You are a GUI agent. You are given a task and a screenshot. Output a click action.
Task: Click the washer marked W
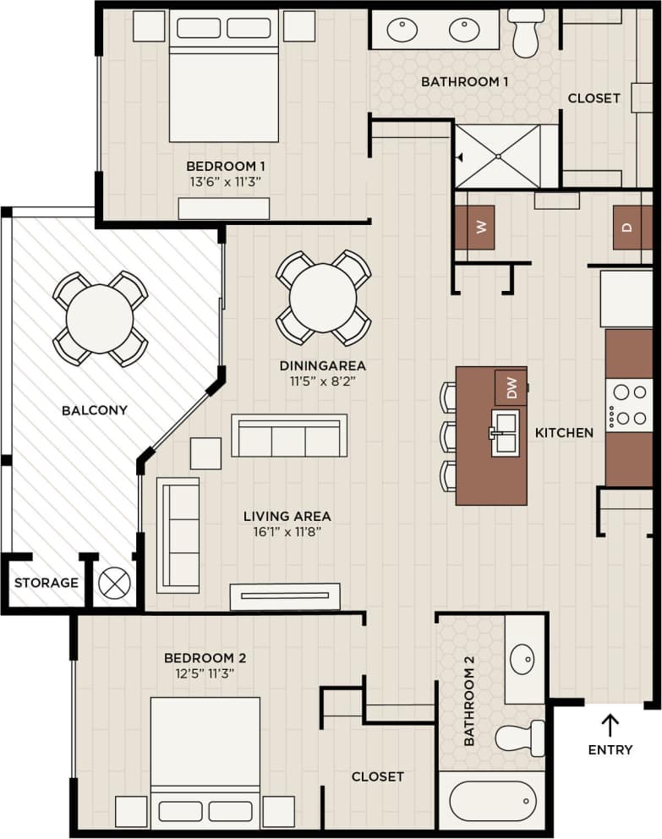(474, 228)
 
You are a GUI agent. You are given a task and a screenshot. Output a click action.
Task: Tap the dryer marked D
(632, 228)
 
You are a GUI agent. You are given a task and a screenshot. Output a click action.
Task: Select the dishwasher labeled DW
(511, 387)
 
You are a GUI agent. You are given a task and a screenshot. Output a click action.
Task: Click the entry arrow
(610, 724)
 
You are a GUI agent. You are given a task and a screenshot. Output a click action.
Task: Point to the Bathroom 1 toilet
(526, 32)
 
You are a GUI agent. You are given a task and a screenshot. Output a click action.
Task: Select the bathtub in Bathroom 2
(492, 800)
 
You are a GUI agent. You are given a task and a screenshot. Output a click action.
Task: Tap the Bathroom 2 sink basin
(522, 657)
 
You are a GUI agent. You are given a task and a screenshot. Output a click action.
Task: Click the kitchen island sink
(506, 432)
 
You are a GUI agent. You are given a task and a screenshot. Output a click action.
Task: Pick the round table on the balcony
(100, 318)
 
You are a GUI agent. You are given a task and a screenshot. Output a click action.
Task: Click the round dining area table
(323, 298)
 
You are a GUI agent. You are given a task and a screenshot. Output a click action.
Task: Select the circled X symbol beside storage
(115, 583)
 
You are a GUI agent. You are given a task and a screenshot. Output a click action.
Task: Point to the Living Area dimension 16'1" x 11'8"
(287, 532)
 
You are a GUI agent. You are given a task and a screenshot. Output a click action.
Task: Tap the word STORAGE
(47, 583)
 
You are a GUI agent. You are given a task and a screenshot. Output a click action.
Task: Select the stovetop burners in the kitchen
(628, 405)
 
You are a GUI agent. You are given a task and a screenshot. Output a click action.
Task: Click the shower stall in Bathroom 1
(497, 156)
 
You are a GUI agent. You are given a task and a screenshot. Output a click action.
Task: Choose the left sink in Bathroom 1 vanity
(402, 30)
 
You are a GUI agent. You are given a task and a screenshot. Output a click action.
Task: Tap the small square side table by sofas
(205, 453)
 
